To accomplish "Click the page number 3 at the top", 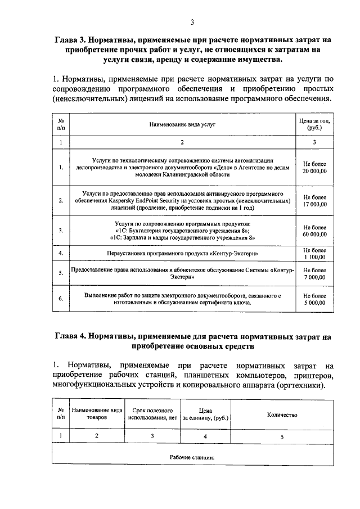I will (192, 22).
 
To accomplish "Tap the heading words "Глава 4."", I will (76, 336).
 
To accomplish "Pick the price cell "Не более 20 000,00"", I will (314, 167).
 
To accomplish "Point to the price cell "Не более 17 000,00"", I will (314, 201).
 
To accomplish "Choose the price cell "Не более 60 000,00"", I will (314, 230).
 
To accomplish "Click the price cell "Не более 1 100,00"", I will (314, 254).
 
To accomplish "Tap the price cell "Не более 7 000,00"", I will (314, 273).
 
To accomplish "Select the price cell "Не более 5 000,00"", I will (314, 299).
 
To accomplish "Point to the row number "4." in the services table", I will (61, 254).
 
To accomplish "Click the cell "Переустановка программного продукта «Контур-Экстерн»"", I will (182, 254).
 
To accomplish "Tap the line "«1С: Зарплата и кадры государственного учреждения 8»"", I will (182, 238).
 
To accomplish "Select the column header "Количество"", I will (282, 415).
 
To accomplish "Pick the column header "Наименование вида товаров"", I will (97, 415).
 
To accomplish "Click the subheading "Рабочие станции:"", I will (193, 457).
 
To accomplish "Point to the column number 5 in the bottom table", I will (282, 436).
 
